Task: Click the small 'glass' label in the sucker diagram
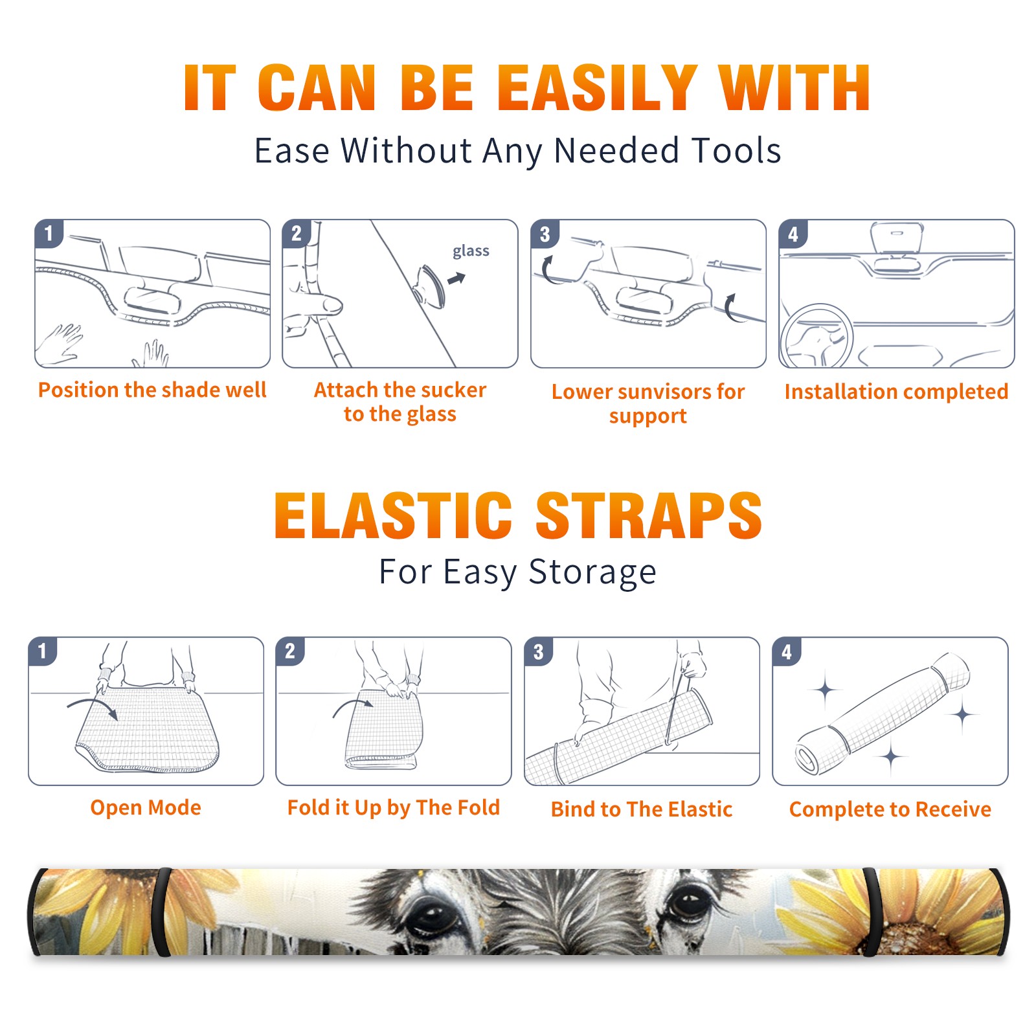[471, 251]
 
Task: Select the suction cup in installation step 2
[431, 286]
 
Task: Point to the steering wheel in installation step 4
[816, 337]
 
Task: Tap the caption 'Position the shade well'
[152, 390]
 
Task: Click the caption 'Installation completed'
[896, 392]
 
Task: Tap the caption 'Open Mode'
[146, 807]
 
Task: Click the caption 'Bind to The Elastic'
[642, 809]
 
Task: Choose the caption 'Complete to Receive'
[890, 809]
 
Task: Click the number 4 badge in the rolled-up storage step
[787, 652]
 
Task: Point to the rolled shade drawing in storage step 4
[883, 713]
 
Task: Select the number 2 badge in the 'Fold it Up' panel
[290, 651]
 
